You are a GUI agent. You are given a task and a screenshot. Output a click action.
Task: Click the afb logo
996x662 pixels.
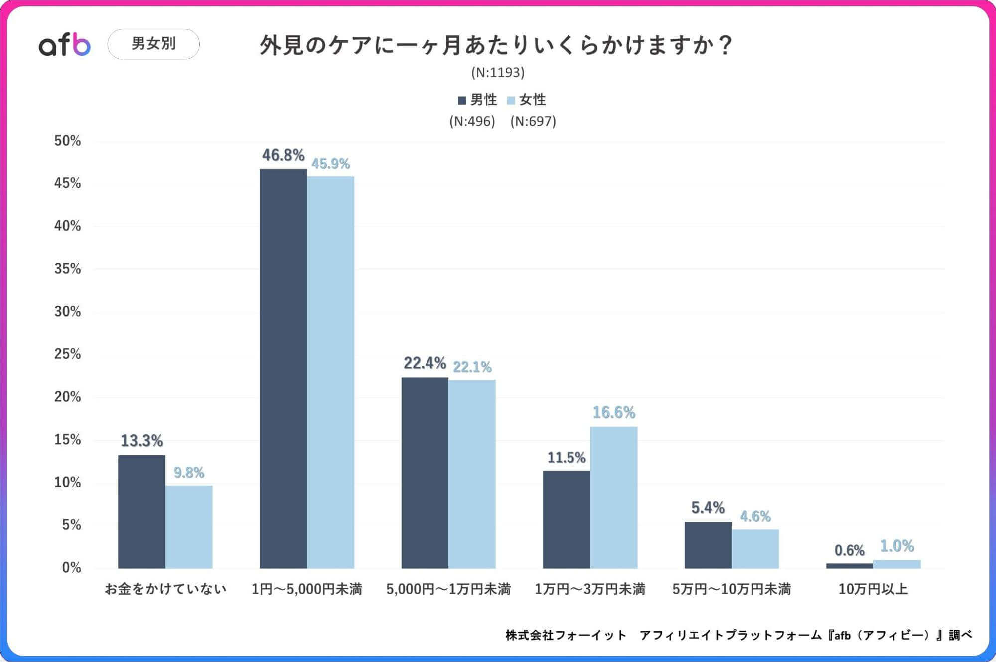65,45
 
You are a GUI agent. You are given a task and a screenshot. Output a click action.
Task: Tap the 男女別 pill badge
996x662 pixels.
153,44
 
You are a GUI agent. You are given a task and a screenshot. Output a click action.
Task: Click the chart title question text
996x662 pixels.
495,45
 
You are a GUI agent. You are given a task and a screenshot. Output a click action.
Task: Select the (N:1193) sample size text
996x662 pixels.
498,73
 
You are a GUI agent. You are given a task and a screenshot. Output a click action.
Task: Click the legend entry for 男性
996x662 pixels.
477,100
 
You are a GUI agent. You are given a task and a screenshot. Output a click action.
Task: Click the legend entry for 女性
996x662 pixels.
527,100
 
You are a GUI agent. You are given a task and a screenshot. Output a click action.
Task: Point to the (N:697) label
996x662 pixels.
533,121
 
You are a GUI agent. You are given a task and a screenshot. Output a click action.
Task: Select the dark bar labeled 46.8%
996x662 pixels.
283,369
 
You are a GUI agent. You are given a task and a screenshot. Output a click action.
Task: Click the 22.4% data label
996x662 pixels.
425,363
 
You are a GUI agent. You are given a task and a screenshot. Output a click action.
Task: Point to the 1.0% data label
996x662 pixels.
897,546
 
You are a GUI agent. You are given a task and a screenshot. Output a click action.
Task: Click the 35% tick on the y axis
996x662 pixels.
67,269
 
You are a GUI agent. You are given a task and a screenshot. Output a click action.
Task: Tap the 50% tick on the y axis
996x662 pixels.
67,141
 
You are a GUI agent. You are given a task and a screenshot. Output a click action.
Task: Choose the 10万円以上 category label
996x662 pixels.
873,589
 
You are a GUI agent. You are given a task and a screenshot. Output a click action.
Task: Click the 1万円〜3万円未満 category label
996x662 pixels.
590,589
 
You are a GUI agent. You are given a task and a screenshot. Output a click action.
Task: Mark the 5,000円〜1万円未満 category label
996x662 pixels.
448,589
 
